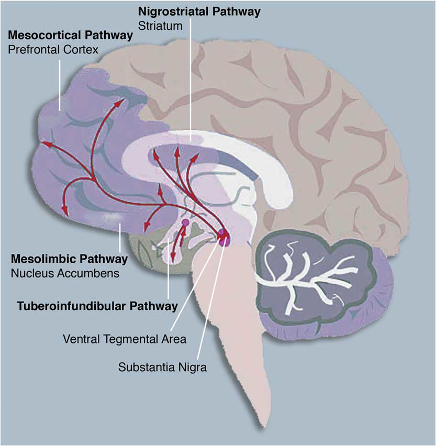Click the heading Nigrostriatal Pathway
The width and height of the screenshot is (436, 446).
click(199, 12)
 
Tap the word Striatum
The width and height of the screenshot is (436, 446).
click(160, 26)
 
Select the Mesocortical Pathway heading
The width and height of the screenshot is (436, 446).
click(70, 36)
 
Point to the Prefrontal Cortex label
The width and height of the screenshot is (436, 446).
click(53, 50)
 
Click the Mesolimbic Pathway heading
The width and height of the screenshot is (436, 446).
click(69, 259)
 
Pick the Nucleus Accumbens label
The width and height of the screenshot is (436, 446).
click(65, 273)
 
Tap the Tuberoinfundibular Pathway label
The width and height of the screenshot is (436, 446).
click(97, 306)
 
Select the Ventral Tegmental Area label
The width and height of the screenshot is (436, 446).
click(125, 339)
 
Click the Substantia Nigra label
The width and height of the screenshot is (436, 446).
click(162, 367)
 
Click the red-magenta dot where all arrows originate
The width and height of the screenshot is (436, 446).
click(222, 235)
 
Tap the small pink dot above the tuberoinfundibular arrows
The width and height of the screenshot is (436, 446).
click(185, 222)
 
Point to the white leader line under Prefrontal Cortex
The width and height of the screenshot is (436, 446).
click(60, 85)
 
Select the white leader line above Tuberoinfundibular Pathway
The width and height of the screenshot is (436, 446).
click(169, 269)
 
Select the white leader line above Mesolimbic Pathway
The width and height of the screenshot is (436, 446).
click(120, 238)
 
